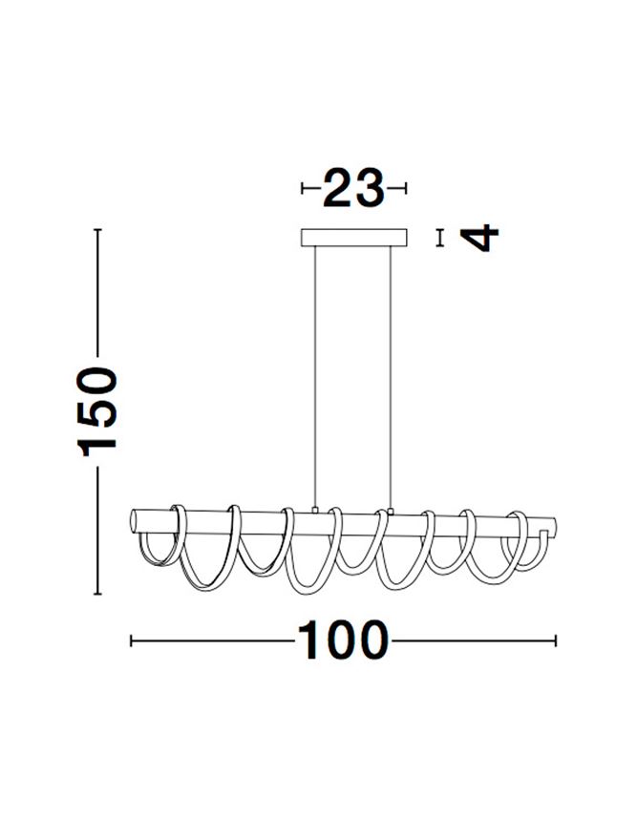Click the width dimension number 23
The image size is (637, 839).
(353, 188)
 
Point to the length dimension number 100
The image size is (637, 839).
(344, 640)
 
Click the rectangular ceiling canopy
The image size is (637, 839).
(353, 238)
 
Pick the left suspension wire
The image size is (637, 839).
(316, 372)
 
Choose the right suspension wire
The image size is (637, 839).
(391, 372)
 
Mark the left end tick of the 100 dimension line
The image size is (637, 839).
(131, 640)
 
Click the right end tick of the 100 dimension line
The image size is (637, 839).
(557, 640)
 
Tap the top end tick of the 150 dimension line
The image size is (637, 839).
(97, 229)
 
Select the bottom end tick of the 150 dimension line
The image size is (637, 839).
(97, 594)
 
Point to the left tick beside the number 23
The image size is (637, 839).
(303, 188)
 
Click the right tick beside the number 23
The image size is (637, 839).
(406, 188)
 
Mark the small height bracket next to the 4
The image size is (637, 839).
(440, 237)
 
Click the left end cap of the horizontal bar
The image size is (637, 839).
(135, 523)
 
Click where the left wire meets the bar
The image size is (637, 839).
(316, 511)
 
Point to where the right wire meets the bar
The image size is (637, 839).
(391, 511)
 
